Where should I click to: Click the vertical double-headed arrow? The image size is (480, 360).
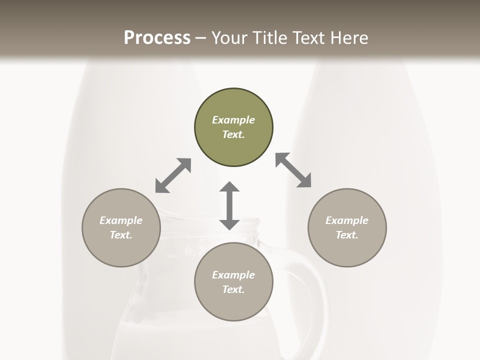[229, 206]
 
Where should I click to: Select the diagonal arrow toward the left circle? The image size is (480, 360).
[173, 175]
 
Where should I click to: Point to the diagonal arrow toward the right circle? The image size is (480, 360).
[293, 170]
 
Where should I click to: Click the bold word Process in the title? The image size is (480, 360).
[157, 38]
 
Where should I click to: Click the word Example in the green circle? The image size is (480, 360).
[233, 120]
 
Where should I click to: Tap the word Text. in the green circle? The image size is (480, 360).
[233, 134]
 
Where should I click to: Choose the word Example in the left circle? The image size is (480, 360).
[121, 220]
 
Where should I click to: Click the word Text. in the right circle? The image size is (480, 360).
[347, 235]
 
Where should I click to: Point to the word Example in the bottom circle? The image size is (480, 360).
[233, 275]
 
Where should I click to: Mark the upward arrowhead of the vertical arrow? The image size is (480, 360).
[229, 188]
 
